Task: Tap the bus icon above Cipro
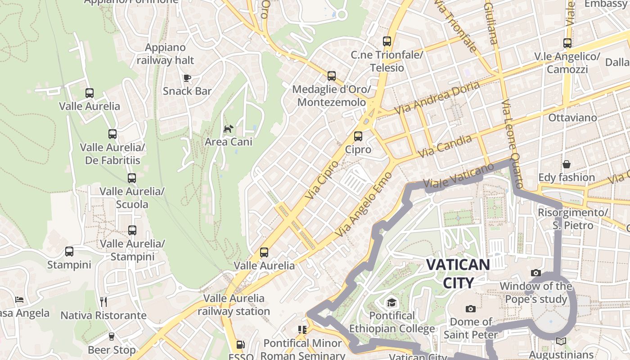click(358, 136)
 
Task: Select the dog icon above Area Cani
click(229, 129)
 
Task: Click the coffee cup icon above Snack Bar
click(187, 78)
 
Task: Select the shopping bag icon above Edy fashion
click(567, 164)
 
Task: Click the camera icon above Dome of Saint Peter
click(471, 309)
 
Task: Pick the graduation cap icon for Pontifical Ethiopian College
click(392, 302)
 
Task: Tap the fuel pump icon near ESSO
click(241, 345)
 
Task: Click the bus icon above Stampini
click(69, 252)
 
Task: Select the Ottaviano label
click(572, 118)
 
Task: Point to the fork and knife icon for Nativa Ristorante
click(103, 301)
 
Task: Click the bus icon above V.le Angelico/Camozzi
click(567, 43)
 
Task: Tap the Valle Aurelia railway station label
click(234, 305)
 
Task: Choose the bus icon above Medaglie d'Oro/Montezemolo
click(332, 76)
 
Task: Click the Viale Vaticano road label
click(459, 176)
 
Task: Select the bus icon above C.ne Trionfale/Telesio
click(387, 41)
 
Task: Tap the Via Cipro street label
click(321, 180)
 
